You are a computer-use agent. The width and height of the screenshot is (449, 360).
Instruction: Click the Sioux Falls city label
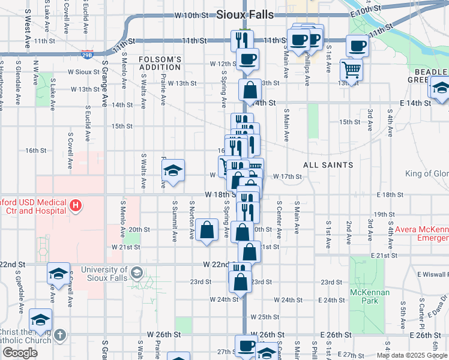pos(244,14)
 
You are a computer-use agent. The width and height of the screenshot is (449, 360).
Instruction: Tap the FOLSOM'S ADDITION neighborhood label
pos(160,64)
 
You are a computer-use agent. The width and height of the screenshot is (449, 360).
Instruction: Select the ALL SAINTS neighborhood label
pos(328,164)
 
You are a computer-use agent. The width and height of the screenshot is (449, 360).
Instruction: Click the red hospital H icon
pos(75,206)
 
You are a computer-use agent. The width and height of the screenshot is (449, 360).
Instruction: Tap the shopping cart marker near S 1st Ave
pos(351,69)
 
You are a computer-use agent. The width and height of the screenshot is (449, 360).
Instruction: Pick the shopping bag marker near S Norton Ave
pos(207,229)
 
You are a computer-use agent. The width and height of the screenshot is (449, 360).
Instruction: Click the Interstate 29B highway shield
pos(88,54)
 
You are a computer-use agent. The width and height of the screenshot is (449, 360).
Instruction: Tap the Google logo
pos(20,353)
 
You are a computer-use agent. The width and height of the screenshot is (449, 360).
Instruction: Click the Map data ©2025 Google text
pos(411,355)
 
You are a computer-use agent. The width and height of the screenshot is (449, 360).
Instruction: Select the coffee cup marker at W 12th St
pos(247,59)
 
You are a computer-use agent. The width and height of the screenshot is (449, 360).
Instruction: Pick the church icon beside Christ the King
pos(59,335)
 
